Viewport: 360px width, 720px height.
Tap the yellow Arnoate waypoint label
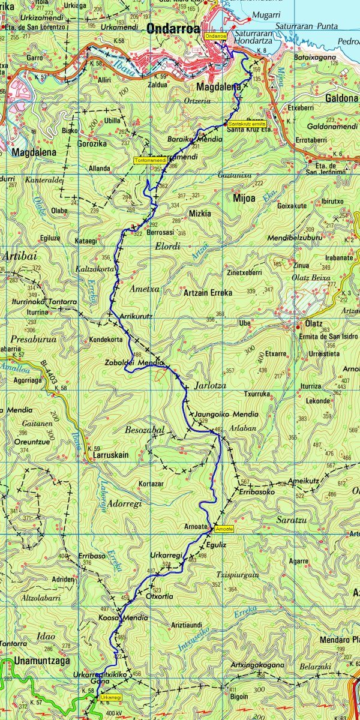(224, 529)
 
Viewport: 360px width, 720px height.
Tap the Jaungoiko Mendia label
(227, 415)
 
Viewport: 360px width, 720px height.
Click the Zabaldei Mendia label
(142, 364)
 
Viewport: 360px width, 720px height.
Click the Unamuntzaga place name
(29, 660)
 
